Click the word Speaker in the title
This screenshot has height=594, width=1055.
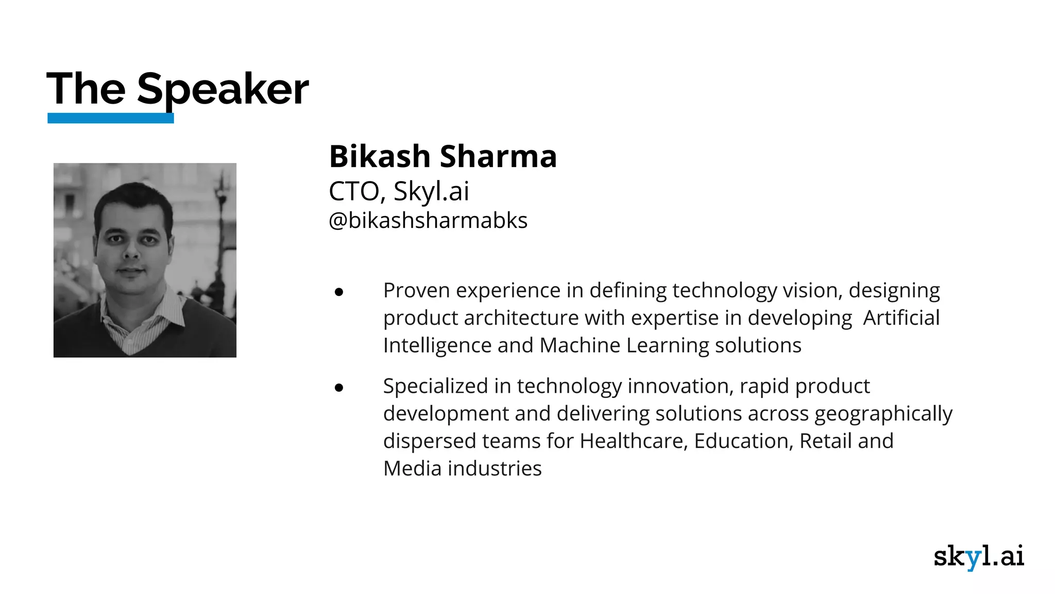[223, 90]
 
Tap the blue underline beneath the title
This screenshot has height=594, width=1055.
[110, 118]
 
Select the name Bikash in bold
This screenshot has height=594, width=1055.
[379, 156]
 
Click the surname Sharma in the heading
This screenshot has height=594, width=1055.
[498, 156]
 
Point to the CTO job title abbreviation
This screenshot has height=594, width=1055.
[354, 191]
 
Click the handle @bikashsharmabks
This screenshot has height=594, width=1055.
[428, 221]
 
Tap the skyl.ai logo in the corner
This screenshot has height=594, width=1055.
[978, 556]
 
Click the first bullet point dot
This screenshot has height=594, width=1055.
[338, 292]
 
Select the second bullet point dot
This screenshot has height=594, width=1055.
[338, 388]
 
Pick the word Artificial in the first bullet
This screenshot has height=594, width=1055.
[901, 318]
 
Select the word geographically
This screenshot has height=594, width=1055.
[883, 414]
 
